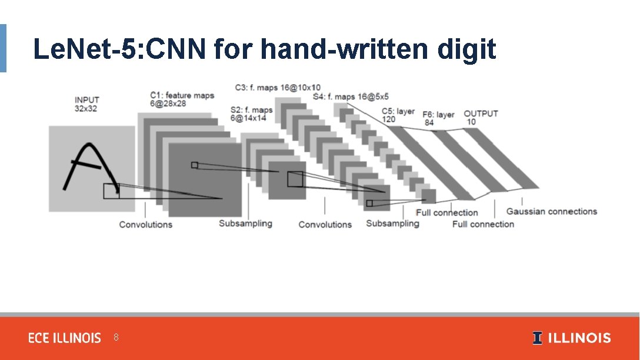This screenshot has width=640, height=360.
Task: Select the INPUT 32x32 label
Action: click(86, 104)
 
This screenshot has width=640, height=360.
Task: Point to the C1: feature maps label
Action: click(182, 99)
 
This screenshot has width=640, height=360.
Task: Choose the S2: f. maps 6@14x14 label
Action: click(252, 114)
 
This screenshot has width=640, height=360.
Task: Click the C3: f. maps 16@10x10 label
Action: click(277, 88)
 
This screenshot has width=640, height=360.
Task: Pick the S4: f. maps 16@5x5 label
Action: click(351, 96)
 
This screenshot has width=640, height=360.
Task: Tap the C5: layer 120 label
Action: click(398, 115)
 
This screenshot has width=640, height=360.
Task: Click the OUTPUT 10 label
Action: click(481, 117)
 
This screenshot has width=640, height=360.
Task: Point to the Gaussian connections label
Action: click(551, 212)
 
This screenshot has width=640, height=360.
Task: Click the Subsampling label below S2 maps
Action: click(245, 224)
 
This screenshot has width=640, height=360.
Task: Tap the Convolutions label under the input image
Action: click(145, 224)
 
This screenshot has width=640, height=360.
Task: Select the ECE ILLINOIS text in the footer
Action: click(65, 338)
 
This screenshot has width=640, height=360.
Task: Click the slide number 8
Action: click(116, 338)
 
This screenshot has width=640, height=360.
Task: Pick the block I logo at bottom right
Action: click(537, 338)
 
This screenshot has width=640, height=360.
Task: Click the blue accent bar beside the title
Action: click(3, 48)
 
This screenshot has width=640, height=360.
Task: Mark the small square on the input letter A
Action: click(111, 191)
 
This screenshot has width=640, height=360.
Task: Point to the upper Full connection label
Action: click(446, 212)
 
